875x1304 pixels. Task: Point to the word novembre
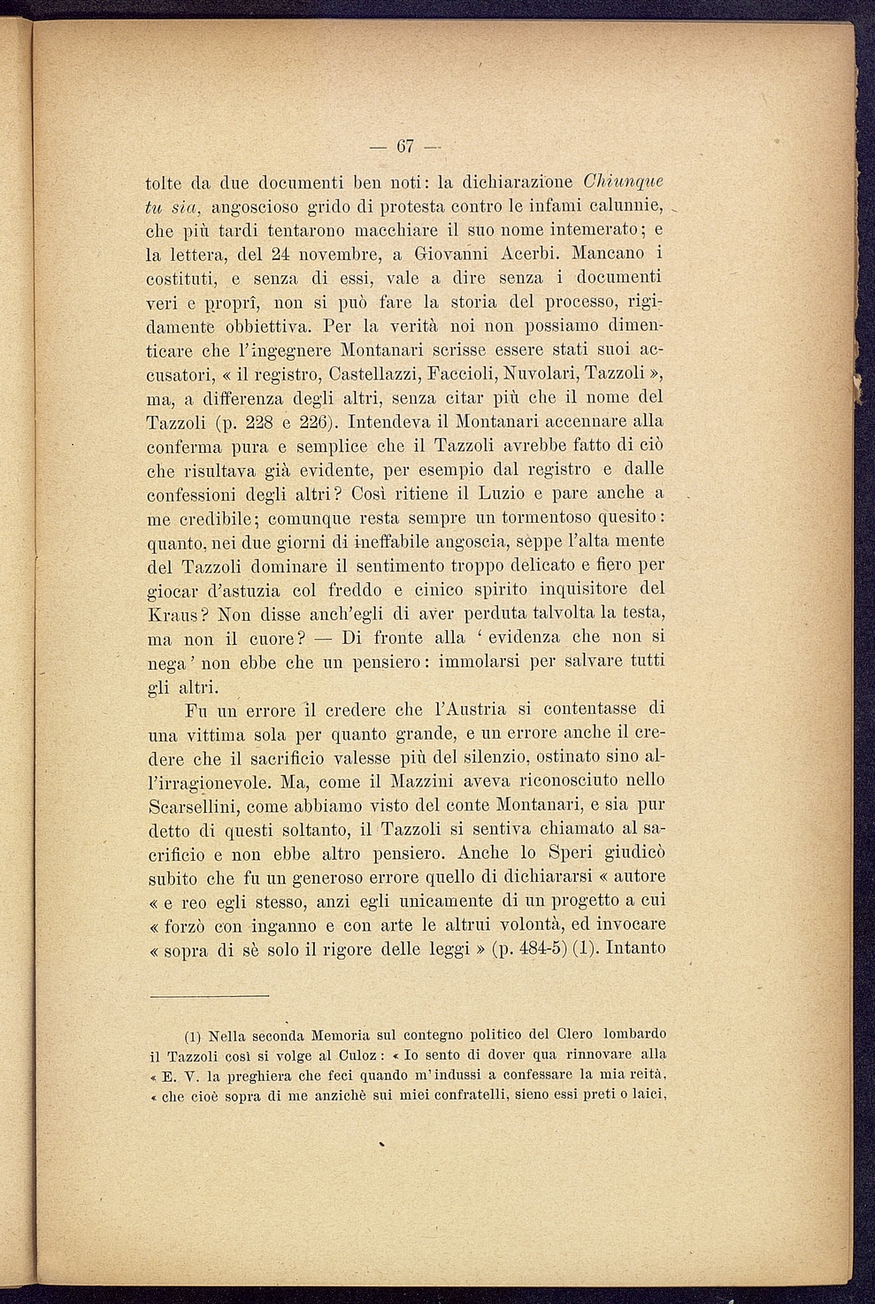pos(316,254)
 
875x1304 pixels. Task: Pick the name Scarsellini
pos(192,806)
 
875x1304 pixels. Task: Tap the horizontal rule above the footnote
pos(208,997)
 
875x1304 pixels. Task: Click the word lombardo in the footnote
pos(634,1034)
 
